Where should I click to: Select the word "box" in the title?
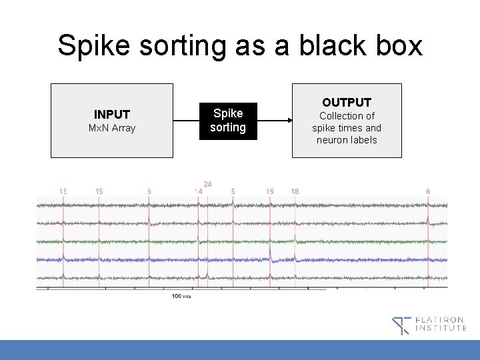(398, 45)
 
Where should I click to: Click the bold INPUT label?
(112, 115)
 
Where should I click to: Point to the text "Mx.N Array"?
(112, 128)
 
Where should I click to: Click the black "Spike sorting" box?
(228, 120)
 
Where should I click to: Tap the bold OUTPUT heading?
(347, 102)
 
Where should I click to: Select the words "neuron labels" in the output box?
(347, 140)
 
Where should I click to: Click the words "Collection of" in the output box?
(347, 116)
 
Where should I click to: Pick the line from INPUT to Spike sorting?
(187, 121)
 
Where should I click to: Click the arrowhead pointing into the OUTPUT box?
(289, 121)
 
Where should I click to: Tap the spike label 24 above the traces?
(207, 184)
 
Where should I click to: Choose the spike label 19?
(270, 191)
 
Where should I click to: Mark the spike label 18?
(295, 191)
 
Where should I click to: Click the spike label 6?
(428, 191)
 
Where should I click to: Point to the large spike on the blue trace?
(271, 253)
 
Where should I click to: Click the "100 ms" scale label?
(181, 295)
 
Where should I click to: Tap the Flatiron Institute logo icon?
(401, 325)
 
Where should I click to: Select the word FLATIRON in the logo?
(441, 320)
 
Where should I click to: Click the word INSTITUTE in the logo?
(441, 329)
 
